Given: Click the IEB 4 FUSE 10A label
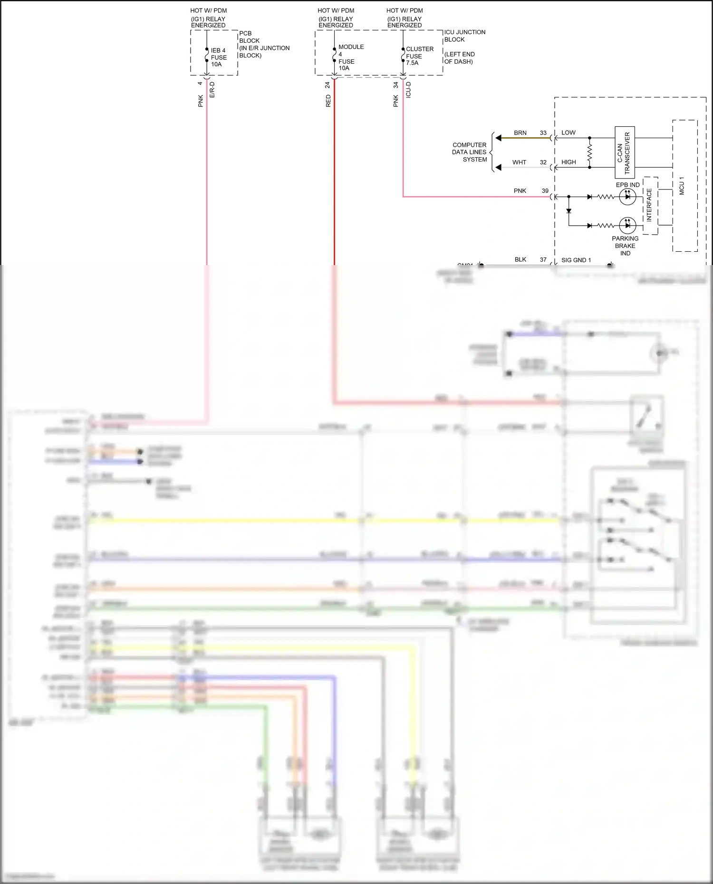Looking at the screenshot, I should point(218,57).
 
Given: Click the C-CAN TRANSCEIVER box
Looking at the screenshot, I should point(625,153).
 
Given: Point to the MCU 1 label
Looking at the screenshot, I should point(682,186).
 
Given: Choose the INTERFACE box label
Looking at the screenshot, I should point(649,205).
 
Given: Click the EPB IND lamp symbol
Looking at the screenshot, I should point(627,197).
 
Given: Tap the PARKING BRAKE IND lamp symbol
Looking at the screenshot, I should point(627,225).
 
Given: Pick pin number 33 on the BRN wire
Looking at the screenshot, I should point(543,133).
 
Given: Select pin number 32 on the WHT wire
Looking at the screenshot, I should point(543,162).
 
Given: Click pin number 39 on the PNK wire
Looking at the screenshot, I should point(545,191).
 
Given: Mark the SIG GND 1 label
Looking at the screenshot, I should point(576,260).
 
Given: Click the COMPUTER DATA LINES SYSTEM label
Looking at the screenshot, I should point(469,152).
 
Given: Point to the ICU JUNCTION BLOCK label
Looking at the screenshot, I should point(464,36).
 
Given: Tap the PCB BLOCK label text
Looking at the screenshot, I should point(264,44).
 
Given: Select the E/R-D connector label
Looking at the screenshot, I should point(212,90).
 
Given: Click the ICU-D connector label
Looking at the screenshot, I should point(408,90).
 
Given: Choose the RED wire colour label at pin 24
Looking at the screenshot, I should point(328,101).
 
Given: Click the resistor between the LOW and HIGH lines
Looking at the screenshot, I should point(590,152).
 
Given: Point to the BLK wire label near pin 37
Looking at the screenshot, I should point(520,260).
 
